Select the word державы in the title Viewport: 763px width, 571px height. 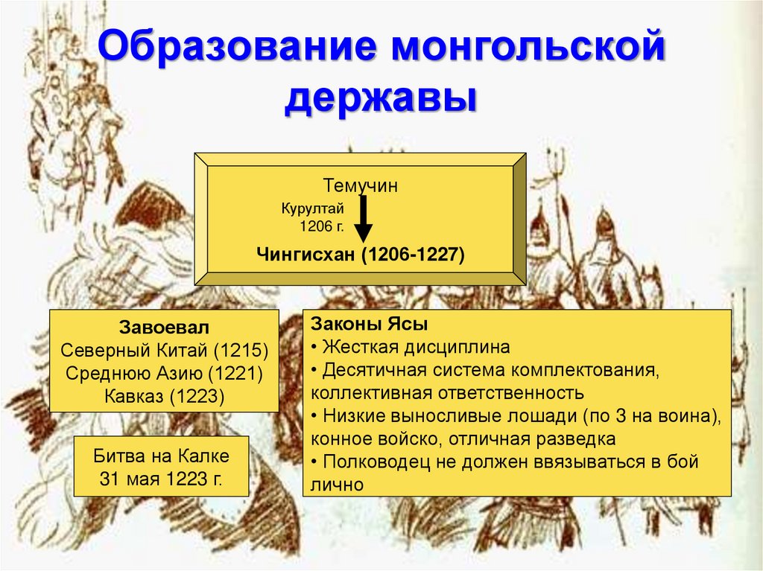pyautogui.click(x=380, y=99)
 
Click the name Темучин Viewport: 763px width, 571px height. pyautogui.click(x=361, y=185)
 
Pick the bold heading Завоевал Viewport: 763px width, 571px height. pyautogui.click(x=164, y=328)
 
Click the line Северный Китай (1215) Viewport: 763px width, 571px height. pyautogui.click(x=164, y=351)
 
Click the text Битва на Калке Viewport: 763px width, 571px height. pyautogui.click(x=161, y=455)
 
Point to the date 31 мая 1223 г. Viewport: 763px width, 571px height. pyautogui.click(x=161, y=477)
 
